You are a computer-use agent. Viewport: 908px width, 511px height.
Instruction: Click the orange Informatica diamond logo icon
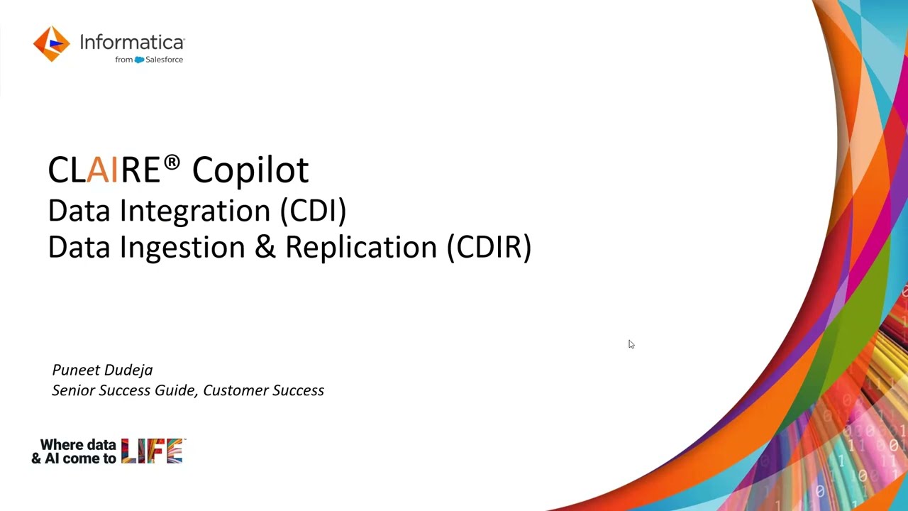click(x=52, y=44)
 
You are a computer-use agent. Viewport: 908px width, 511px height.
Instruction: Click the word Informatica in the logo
click(x=132, y=42)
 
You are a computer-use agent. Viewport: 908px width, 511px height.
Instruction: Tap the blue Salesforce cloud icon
click(x=140, y=60)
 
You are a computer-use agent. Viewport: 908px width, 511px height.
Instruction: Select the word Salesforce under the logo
click(x=164, y=60)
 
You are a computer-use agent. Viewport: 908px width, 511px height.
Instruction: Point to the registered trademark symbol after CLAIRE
click(x=172, y=163)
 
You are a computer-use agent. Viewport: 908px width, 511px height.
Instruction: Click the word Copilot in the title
click(x=250, y=170)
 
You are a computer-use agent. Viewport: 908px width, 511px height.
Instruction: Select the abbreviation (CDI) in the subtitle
click(x=314, y=211)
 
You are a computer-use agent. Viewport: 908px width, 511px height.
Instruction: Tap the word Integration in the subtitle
click(x=195, y=211)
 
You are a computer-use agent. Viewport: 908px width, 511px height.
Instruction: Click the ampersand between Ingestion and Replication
click(x=265, y=246)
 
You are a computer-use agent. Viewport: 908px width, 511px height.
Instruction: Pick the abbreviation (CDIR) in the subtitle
click(x=489, y=247)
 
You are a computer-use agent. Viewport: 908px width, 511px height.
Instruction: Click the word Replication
click(x=361, y=248)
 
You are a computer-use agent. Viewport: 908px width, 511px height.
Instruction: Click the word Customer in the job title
click(x=236, y=390)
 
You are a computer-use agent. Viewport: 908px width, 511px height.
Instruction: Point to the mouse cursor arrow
click(x=631, y=344)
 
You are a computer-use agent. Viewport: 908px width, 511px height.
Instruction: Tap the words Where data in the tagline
click(x=78, y=445)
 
